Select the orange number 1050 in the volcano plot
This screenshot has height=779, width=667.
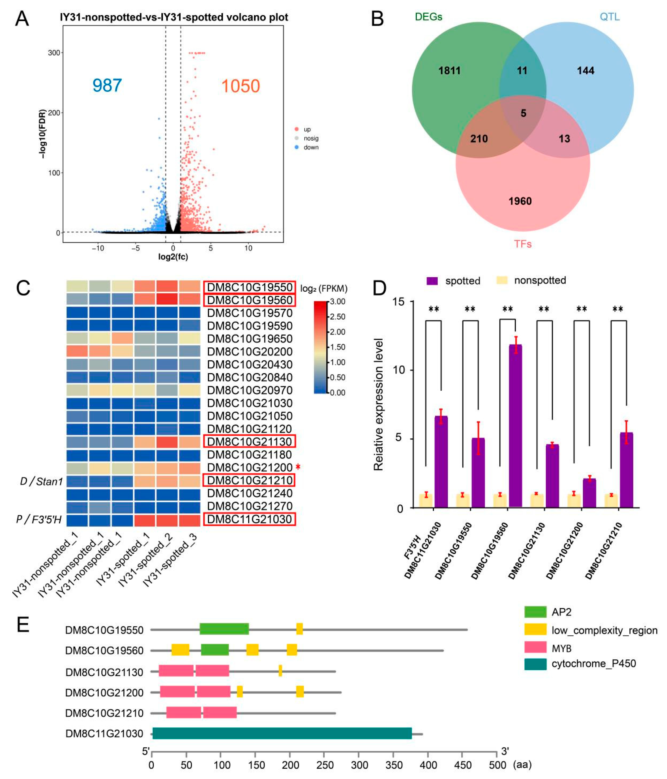pyautogui.click(x=240, y=86)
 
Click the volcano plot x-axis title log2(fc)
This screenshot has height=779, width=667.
pyautogui.click(x=173, y=257)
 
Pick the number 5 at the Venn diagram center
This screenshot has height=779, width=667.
pyautogui.click(x=523, y=113)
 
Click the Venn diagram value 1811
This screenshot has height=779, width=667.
pyautogui.click(x=449, y=71)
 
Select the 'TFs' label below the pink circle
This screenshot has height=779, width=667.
pyautogui.click(x=523, y=244)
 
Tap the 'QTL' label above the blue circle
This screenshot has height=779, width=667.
pyautogui.click(x=609, y=17)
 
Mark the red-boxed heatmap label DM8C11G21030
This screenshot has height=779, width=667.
pyautogui.click(x=250, y=519)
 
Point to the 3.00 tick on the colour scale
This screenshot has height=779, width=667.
pyautogui.click(x=337, y=302)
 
